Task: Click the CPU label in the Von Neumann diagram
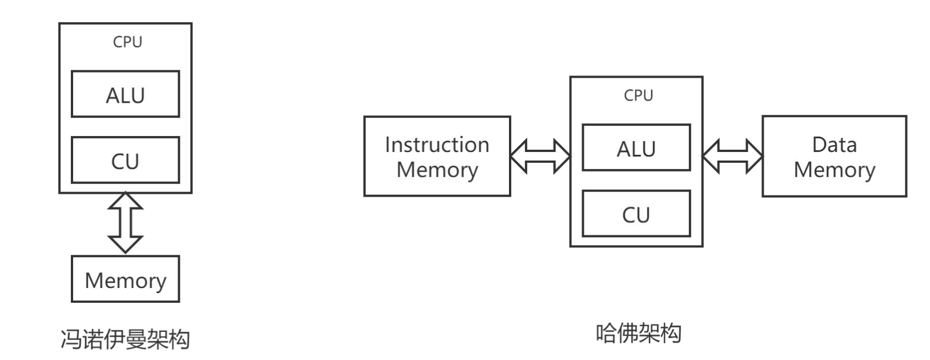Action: tap(127, 42)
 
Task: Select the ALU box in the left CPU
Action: tap(125, 94)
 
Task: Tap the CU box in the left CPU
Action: tap(125, 161)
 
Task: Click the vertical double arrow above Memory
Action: tap(125, 223)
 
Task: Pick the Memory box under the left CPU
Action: tap(125, 279)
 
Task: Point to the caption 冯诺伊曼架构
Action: tap(125, 339)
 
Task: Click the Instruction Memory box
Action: tap(437, 157)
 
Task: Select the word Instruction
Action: tap(437, 145)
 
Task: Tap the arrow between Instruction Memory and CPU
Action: tap(540, 156)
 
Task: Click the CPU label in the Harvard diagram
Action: tap(638, 95)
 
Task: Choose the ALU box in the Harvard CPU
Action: tap(636, 148)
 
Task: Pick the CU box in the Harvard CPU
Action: tap(636, 214)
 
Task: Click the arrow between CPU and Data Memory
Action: tap(732, 156)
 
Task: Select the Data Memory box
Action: tap(834, 157)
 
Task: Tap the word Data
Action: tap(834, 145)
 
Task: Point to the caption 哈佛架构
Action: tap(638, 333)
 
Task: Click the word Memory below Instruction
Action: tap(437, 170)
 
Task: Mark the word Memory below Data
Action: tap(834, 170)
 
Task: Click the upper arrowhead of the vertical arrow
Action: tap(125, 201)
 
